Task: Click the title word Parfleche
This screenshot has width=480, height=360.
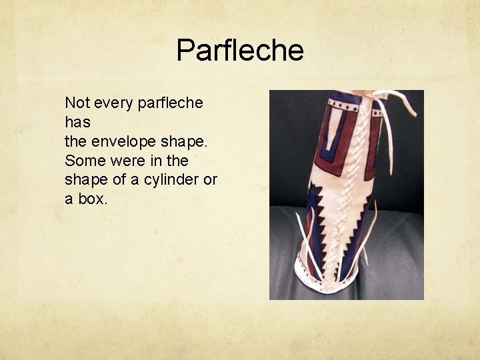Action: (x=240, y=51)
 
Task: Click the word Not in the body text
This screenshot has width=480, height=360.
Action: (x=77, y=103)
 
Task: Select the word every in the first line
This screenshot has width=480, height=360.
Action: (x=115, y=103)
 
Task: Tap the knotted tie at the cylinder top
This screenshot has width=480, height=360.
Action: (x=377, y=100)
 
